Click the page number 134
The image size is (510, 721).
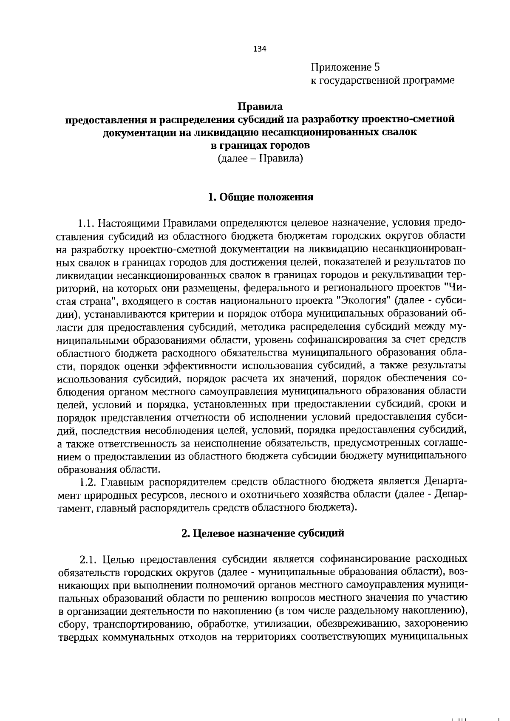259,49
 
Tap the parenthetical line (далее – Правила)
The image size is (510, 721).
260,159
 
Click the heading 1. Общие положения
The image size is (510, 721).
260,197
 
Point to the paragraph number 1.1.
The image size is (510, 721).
88,223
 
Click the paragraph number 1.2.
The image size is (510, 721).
89,482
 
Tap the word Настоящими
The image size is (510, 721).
132,223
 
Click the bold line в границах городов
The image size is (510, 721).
260,145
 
